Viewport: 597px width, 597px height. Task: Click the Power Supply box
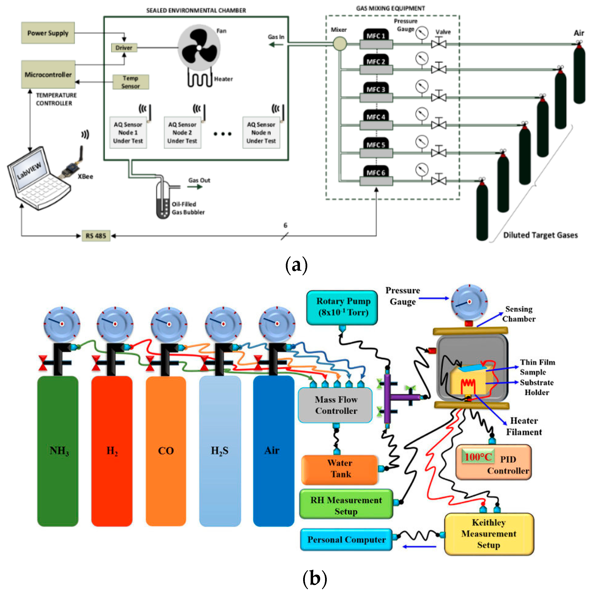48,33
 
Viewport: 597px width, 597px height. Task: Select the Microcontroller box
48,75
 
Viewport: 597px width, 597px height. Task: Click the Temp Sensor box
130,82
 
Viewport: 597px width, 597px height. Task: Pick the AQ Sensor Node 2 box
182,133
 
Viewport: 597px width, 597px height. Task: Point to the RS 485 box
96,236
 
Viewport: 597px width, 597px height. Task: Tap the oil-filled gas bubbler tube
163,201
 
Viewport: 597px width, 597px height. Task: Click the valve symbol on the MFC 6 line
438,181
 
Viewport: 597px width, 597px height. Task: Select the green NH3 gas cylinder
58,451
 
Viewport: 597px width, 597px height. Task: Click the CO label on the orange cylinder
166,451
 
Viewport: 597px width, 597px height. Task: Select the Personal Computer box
346,539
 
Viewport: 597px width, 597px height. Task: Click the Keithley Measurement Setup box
489,534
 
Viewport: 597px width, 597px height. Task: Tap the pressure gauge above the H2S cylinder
223,324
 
